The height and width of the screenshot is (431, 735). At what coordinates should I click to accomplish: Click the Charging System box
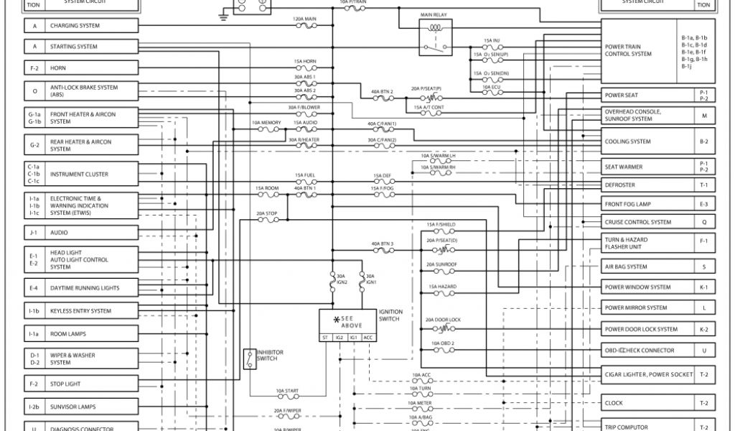coord(91,26)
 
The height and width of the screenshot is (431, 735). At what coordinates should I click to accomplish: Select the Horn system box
coord(91,68)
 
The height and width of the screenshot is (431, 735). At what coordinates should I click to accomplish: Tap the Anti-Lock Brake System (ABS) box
coord(91,91)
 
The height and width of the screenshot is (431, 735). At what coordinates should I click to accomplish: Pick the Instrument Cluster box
coord(91,174)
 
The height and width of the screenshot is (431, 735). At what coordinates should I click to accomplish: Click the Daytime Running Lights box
coord(91,288)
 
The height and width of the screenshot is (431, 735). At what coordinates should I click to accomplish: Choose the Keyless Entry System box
coord(91,311)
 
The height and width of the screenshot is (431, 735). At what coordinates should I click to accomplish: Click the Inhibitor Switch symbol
coord(249,358)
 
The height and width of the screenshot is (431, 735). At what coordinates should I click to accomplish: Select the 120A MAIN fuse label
coord(306,19)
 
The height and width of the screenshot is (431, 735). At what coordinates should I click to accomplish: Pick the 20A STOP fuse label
coord(267,213)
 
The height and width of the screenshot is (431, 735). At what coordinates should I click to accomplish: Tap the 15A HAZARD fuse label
coord(443,287)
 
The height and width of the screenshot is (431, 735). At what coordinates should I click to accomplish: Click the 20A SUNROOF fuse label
coord(441,264)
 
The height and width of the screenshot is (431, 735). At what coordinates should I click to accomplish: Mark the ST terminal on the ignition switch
coord(325,337)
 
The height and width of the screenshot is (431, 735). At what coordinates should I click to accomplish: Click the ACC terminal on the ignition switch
coord(367,337)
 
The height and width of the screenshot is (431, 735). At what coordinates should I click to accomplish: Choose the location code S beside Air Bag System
coord(704,267)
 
